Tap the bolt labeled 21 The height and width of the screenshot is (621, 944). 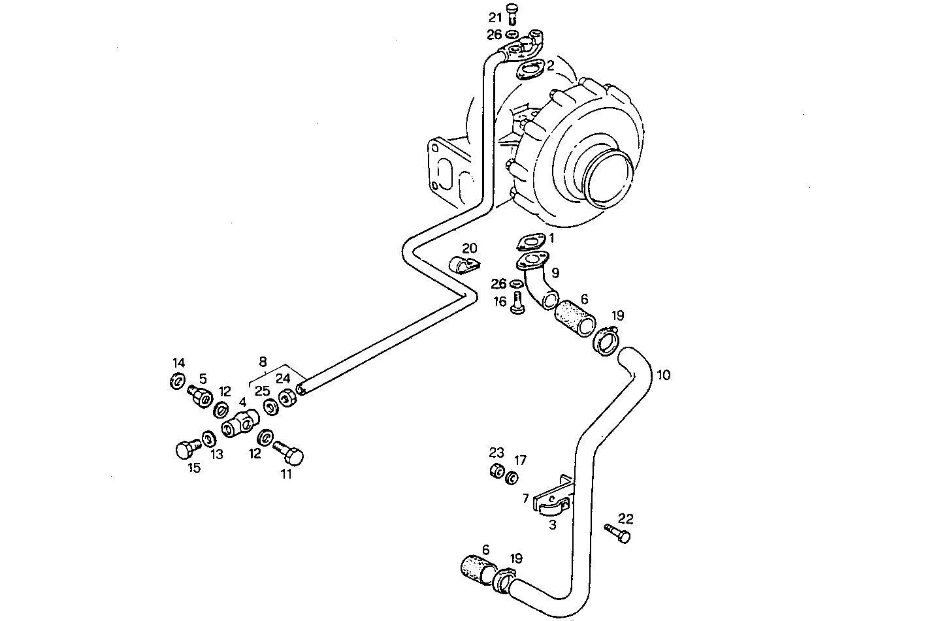tap(512, 14)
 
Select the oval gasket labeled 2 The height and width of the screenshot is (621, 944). tap(530, 69)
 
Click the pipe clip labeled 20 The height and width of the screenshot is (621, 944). tap(463, 266)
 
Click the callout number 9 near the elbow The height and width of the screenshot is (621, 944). tap(555, 272)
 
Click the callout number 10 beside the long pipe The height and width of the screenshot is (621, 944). tap(663, 375)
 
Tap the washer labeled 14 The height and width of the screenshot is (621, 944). tap(176, 381)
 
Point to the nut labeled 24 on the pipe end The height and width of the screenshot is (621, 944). tap(286, 398)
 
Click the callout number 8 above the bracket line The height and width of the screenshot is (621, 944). tap(263, 361)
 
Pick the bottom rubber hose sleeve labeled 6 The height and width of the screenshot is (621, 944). tap(478, 567)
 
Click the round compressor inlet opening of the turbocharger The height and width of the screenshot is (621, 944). tap(608, 176)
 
